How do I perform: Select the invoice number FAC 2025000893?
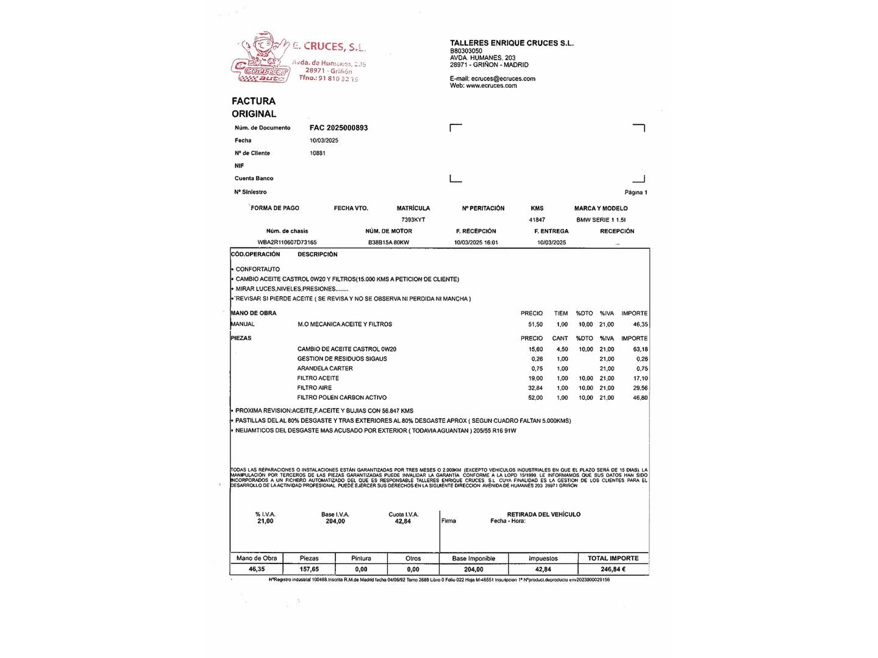(x=338, y=128)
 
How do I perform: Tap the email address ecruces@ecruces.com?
(x=503, y=79)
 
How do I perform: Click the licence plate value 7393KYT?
(x=413, y=220)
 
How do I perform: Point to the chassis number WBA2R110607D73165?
(x=287, y=242)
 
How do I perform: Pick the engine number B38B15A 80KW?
(x=388, y=242)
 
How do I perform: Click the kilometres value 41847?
(x=537, y=220)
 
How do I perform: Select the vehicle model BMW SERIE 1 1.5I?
(x=601, y=220)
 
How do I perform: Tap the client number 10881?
(x=318, y=154)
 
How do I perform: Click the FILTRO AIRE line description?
(x=315, y=388)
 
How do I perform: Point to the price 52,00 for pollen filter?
(x=535, y=398)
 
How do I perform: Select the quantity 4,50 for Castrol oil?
(x=562, y=350)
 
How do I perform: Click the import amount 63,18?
(x=640, y=350)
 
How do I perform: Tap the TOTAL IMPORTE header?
(x=613, y=558)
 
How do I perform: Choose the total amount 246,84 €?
(x=613, y=570)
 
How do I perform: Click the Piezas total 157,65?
(x=309, y=570)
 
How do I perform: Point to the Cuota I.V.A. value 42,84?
(x=402, y=522)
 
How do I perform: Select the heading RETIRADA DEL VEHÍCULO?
(x=543, y=514)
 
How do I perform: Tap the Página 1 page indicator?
(x=635, y=193)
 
